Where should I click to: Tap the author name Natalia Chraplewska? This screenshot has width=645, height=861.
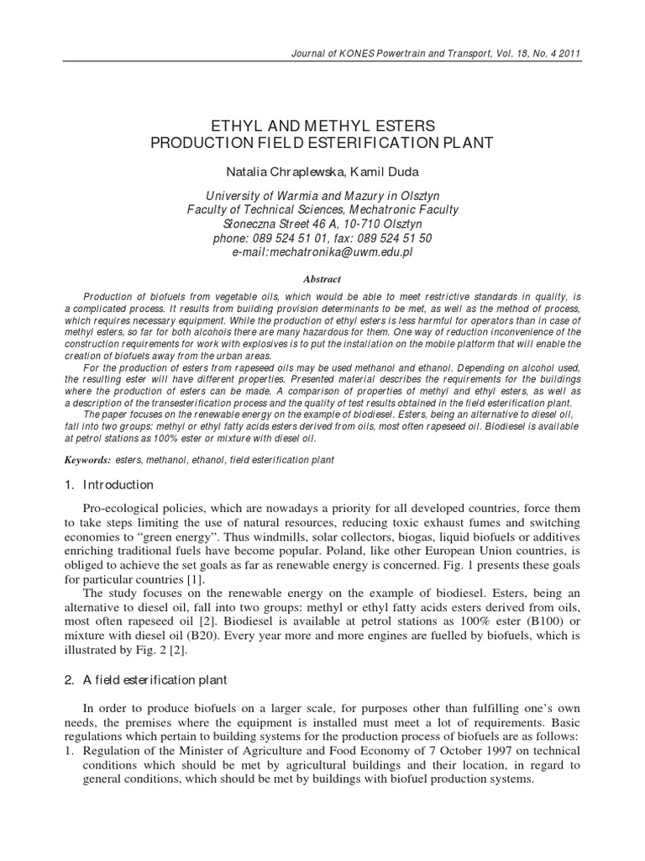tap(270, 171)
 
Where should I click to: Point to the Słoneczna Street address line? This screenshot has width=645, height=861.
tap(322, 224)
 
